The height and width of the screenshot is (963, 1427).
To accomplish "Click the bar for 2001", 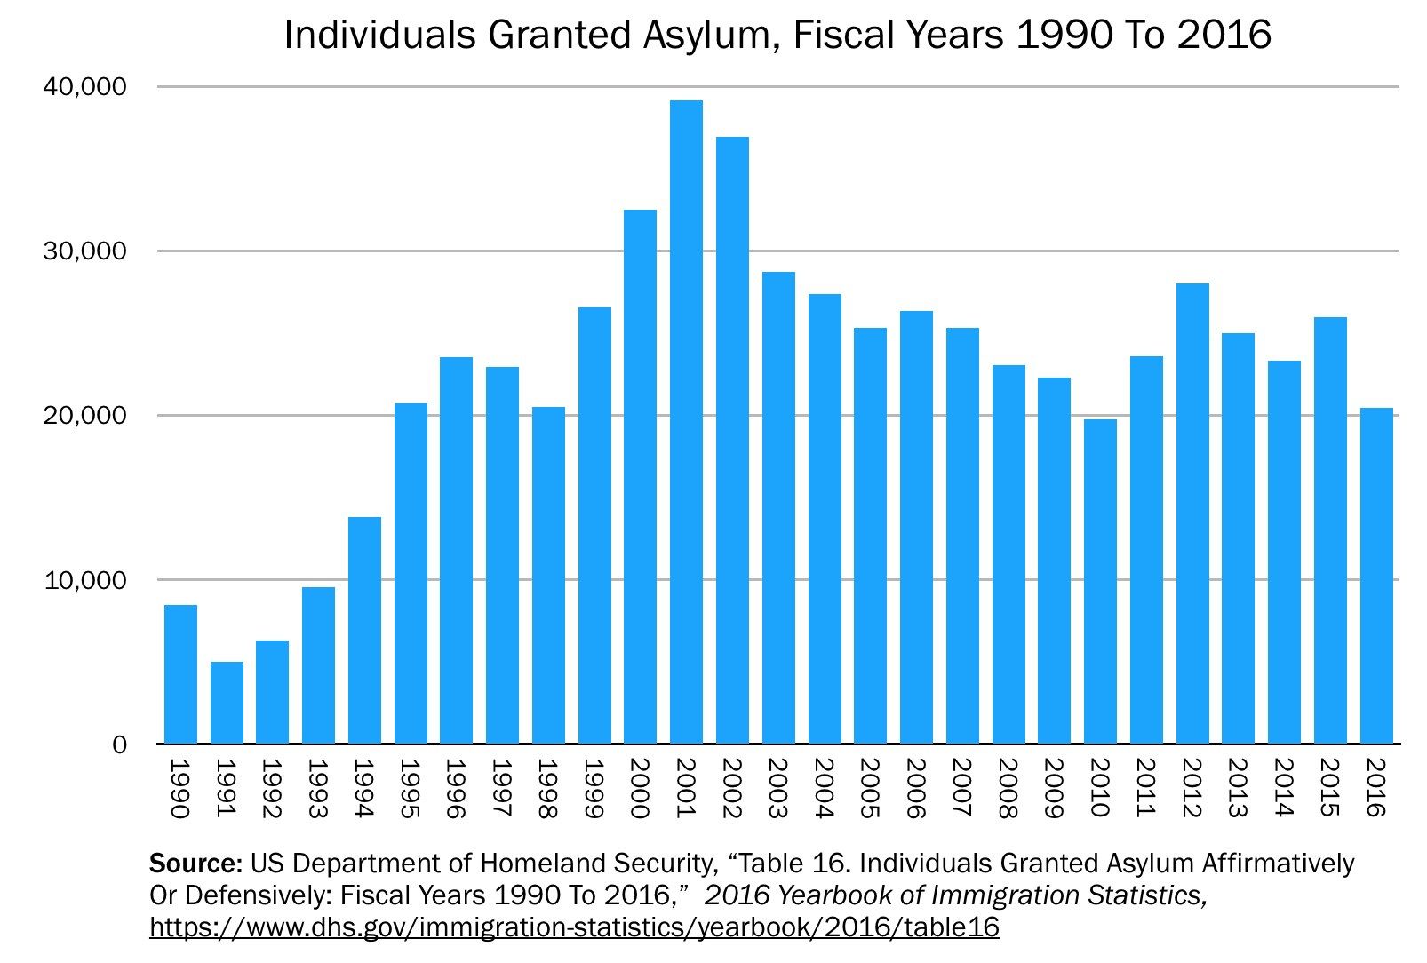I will coord(686,422).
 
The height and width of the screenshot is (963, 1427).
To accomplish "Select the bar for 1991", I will coord(227,703).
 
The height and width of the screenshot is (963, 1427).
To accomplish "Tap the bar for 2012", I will coord(1192,513).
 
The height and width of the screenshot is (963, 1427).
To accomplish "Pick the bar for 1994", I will coord(364,630).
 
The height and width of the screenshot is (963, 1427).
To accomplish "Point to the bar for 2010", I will coord(1100,581).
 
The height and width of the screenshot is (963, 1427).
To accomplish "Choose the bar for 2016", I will coord(1376,576).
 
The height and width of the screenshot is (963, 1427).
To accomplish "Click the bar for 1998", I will coord(548,575).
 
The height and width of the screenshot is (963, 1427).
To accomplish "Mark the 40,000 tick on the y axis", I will coord(85,87).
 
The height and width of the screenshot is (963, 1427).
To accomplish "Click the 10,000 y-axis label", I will coord(85,580).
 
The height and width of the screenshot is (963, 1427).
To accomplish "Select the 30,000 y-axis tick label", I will coord(85,251).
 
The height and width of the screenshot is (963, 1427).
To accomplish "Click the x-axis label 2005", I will coord(869,787).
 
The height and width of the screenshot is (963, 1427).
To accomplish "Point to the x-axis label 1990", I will coord(179,787).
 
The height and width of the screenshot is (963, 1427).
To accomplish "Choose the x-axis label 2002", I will coord(731,787).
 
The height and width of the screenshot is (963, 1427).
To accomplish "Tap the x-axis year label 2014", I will coord(1284,787).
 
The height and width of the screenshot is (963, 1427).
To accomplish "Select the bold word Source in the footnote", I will coord(195,864).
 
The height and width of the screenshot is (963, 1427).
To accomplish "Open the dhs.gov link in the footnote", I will coord(574,927).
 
